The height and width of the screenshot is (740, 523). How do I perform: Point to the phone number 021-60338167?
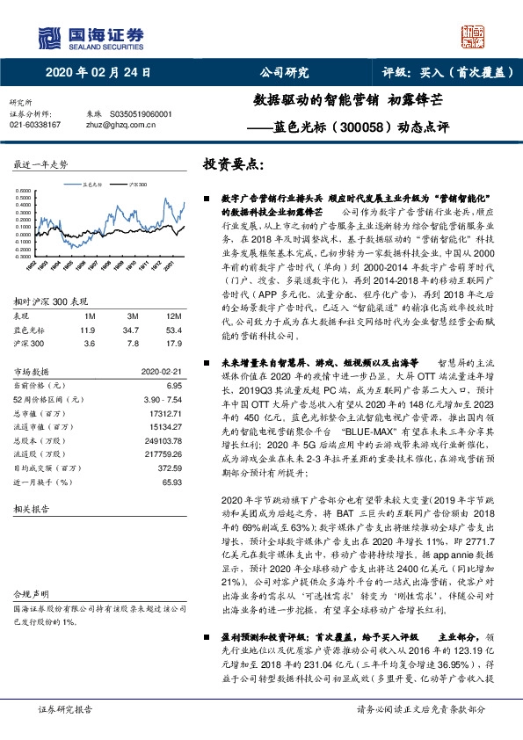point(34,126)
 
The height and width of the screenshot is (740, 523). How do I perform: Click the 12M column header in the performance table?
point(164,315)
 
